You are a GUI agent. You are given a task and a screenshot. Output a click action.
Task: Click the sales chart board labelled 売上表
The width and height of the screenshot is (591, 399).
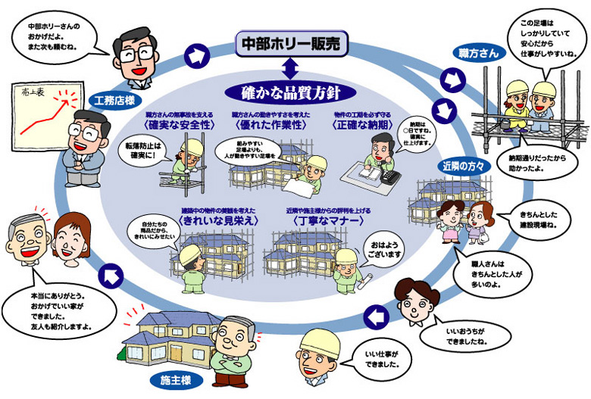point(36,113)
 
